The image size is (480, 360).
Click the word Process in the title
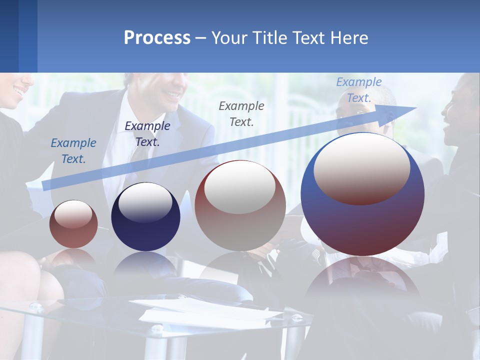(157, 38)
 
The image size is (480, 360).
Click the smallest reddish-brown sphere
(73, 224)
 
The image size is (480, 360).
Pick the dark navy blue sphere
(145, 217)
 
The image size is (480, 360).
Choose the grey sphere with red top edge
(240, 206)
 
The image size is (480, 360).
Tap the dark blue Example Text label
(147, 133)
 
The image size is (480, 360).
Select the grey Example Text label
(241, 113)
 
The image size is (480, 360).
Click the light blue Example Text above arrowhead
(358, 90)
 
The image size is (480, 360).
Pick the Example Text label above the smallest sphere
(73, 150)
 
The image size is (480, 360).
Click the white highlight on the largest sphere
(361, 168)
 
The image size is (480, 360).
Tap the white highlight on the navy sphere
(145, 202)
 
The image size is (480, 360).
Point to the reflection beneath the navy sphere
(145, 265)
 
